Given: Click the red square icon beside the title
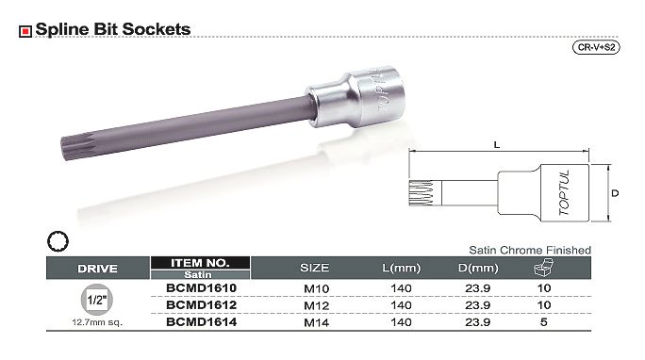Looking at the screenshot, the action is pos(25,31).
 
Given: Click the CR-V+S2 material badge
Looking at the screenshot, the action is pos(596,47).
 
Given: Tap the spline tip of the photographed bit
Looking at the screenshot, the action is pos(69,148).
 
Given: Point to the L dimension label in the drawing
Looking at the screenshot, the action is pos(497,144).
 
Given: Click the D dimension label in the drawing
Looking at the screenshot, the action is pos(615,193).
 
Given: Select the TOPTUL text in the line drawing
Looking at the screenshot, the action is pos(564,192).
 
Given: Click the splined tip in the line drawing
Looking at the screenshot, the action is pos(422,193).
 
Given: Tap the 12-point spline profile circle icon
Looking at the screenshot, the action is pos(58,241).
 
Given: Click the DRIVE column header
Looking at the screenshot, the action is pos(97,269).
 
